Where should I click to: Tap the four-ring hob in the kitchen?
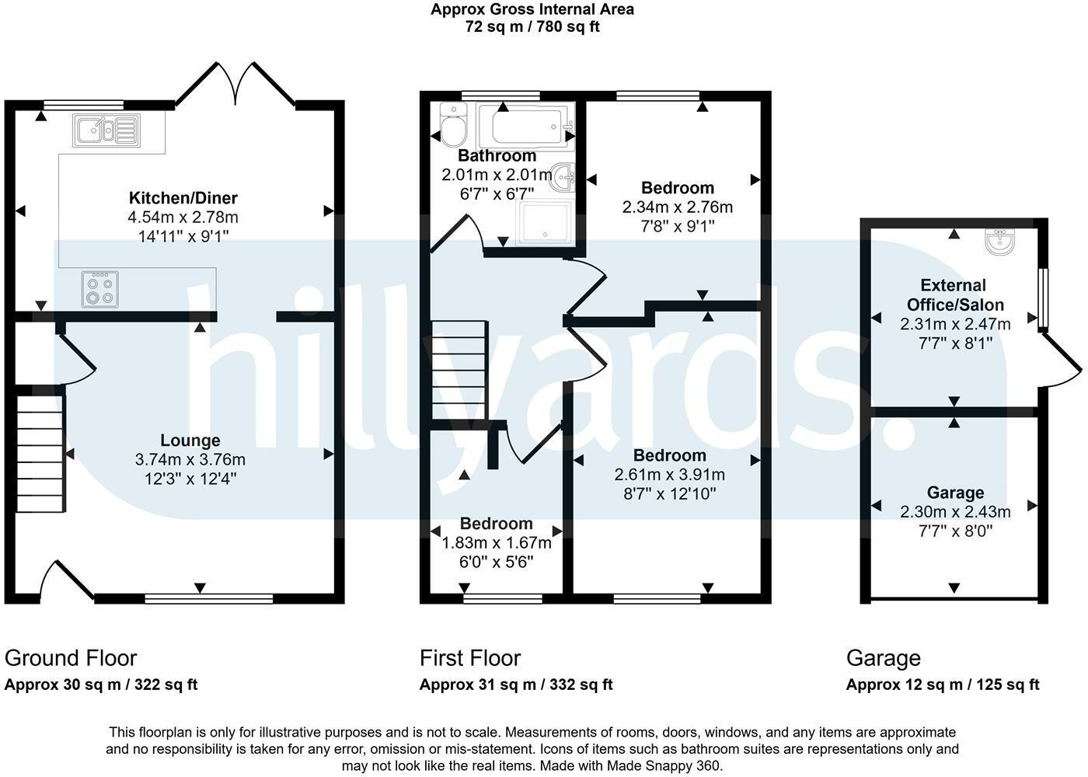click(100, 289)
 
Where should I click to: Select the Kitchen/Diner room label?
click(183, 197)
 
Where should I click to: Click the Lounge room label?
click(190, 441)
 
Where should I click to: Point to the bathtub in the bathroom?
click(525, 124)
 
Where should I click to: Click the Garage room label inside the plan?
click(955, 493)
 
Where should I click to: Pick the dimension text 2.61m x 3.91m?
click(669, 474)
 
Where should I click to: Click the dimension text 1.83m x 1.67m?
click(496, 542)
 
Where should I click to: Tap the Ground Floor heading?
click(71, 658)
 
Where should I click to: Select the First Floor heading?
click(470, 658)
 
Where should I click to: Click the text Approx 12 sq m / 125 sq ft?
click(942, 685)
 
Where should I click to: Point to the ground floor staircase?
click(40, 453)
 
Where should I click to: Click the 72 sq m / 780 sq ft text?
click(532, 26)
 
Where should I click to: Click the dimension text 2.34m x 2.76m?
click(677, 207)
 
